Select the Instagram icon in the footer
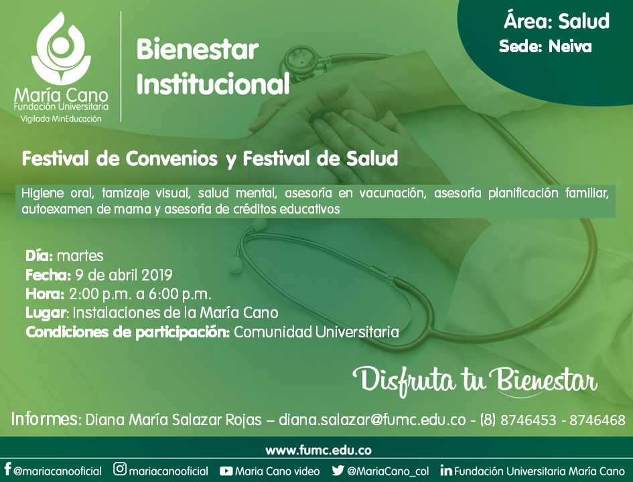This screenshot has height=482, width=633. tap(120, 469)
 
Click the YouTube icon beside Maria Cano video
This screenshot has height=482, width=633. tap(226, 471)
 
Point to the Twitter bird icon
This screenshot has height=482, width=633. tap(338, 471)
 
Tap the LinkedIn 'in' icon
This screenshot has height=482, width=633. tap(446, 471)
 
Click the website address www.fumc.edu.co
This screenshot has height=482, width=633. tap(318, 450)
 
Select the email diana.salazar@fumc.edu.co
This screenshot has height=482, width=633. tap(372, 420)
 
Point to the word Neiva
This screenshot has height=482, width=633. tap(570, 47)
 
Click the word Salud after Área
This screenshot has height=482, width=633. tap(583, 21)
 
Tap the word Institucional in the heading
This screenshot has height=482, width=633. tap(213, 84)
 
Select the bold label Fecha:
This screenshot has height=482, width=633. tap(48, 275)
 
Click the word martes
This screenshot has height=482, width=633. tap(80, 256)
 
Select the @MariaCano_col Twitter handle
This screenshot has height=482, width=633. tap(388, 471)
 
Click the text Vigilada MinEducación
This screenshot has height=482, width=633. tap(61, 118)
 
